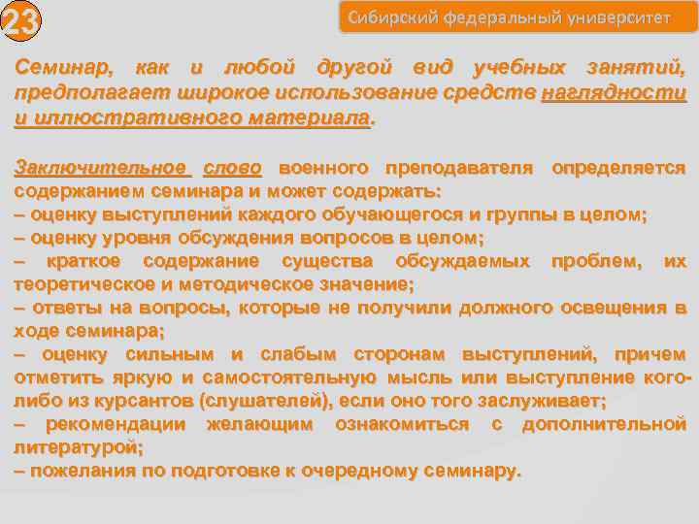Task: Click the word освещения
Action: (x=606, y=308)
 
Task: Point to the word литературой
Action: (x=78, y=448)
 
